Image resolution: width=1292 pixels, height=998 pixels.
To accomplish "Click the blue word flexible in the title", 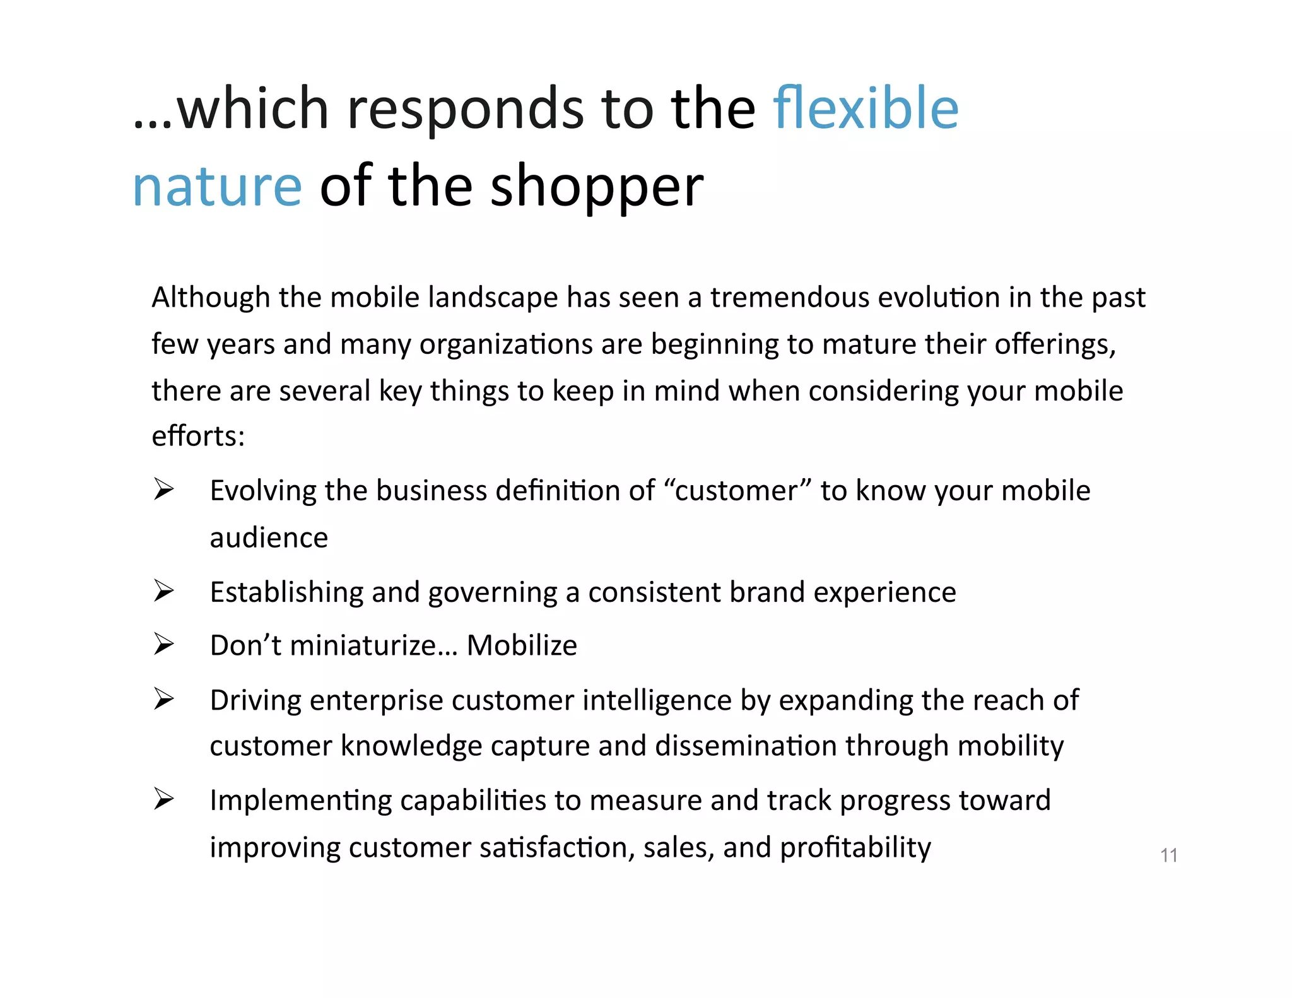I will pos(866,109).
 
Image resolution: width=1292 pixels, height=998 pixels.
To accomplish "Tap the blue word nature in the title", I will pos(218,187).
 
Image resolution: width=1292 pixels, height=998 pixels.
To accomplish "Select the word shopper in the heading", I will pos(596,187).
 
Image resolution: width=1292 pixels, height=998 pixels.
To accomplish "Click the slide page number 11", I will pos(1168,855).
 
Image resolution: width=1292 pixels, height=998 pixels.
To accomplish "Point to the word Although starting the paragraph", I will pos(211,297).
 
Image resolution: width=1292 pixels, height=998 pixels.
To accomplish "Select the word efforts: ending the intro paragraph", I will pos(198,436).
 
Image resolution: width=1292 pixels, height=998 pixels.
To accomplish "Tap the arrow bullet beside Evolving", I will pos(163,489).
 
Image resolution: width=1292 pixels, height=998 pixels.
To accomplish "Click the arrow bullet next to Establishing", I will pos(163,590).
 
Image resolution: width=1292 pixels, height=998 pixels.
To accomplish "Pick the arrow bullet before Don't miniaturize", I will pos(163,644).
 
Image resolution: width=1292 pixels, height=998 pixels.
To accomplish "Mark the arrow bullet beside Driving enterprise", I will pos(163,699).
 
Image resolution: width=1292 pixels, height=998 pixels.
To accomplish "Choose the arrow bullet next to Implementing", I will pos(163,799).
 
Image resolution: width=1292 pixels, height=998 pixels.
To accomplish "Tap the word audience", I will pos(269,538).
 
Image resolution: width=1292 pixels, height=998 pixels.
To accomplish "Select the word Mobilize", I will pos(522,645).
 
